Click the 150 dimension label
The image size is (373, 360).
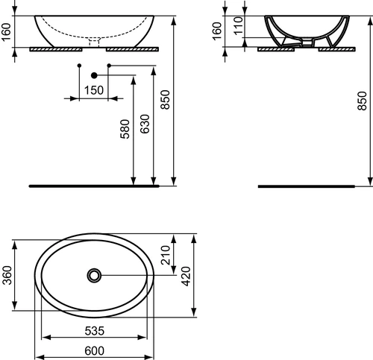pos(94,90)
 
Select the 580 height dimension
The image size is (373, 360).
pos(125,129)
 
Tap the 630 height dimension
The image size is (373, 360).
pos(145,124)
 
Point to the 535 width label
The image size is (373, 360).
pos(95,331)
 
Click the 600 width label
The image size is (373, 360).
pos(95,351)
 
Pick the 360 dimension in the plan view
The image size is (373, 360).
pos(7,275)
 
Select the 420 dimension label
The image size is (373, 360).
pos(186,277)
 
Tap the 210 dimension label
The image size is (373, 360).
pos(166,255)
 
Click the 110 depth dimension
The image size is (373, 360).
pos(238,26)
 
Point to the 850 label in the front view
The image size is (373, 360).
pos(165,100)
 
